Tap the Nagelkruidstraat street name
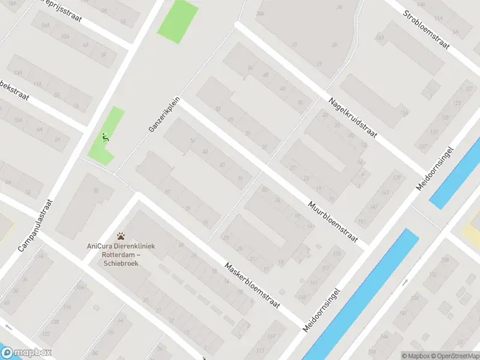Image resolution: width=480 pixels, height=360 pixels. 352,118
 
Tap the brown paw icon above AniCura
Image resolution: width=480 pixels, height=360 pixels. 121,236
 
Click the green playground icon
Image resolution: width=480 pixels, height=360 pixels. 106,137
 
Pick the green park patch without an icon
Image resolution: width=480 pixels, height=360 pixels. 178,20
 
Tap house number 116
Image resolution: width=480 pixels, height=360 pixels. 404,112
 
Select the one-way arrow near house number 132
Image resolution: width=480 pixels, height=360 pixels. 405,281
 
